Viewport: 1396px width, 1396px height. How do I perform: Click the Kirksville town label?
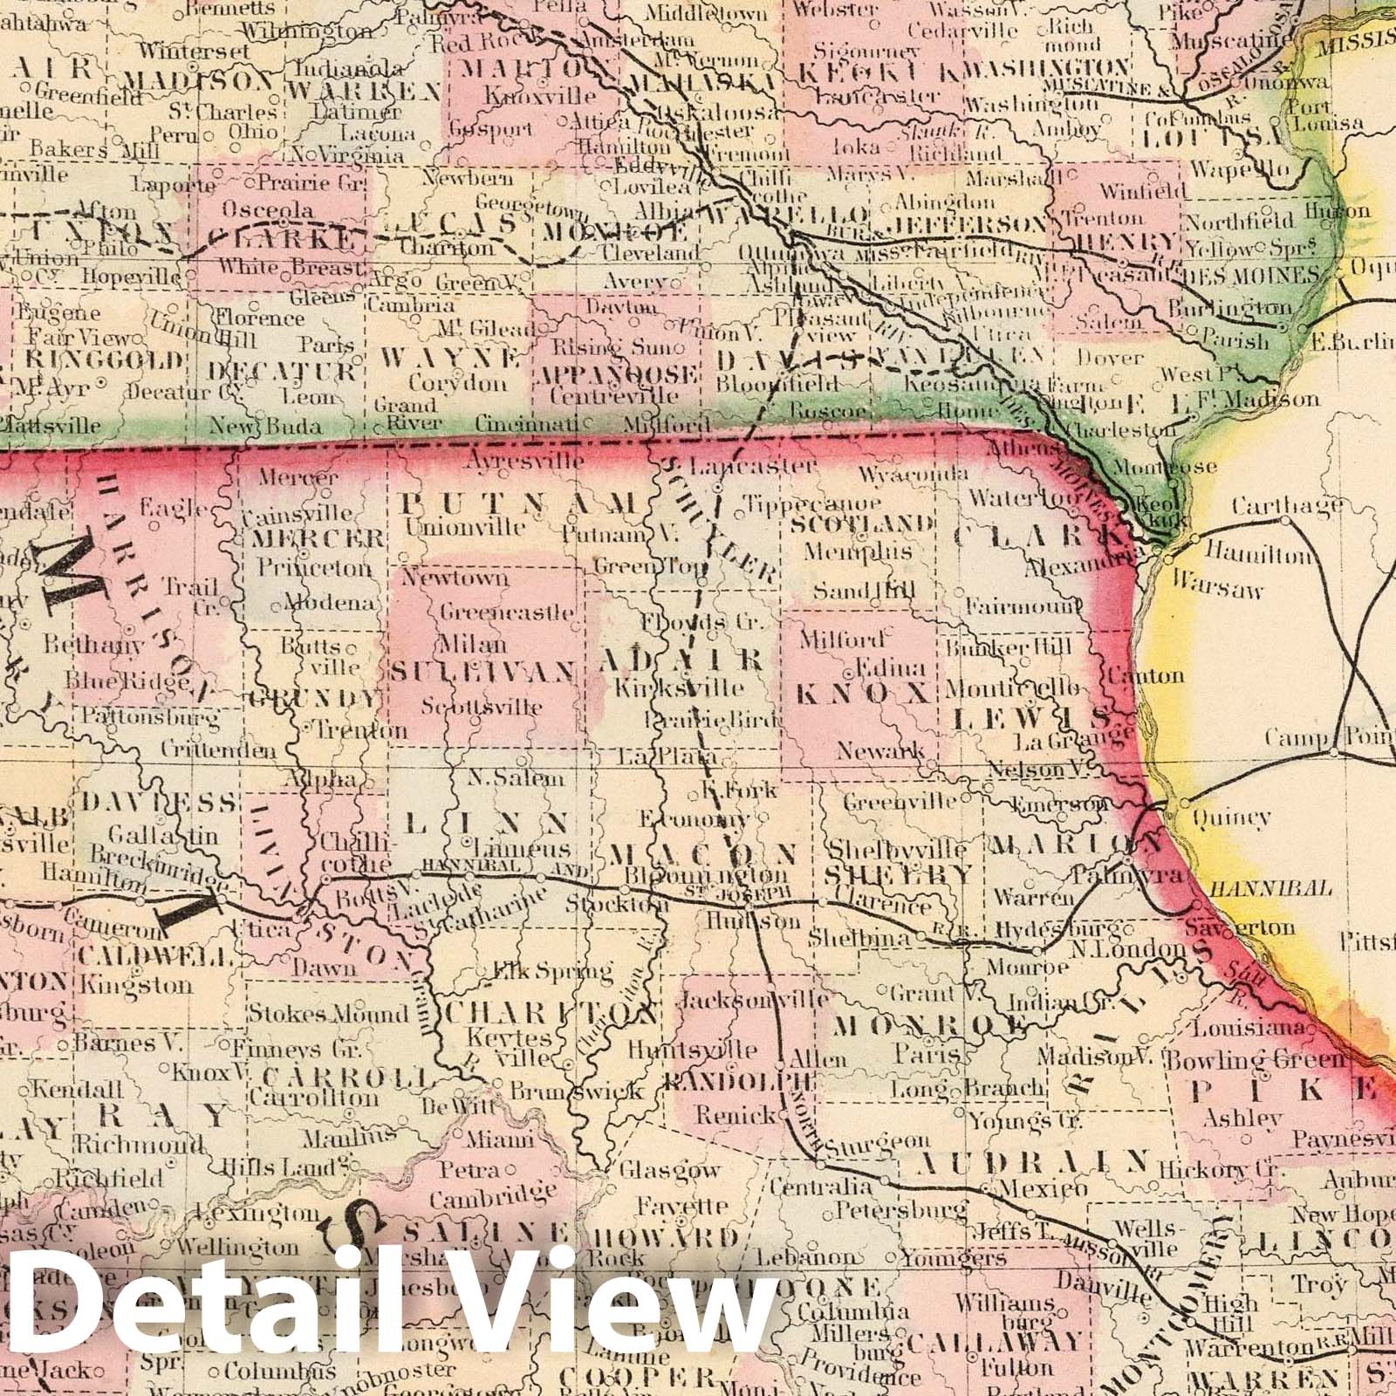click(680, 688)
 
